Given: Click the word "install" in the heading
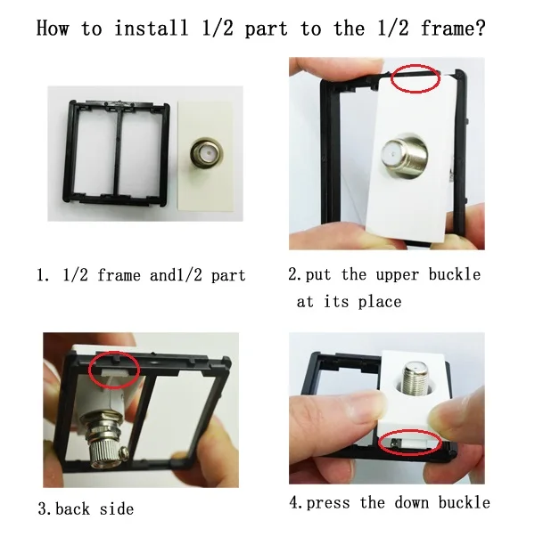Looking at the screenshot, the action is (x=152, y=28).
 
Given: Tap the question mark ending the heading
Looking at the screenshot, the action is (x=480, y=28).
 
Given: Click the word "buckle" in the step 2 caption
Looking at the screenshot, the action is (x=455, y=274).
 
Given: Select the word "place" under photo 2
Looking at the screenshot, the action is (x=380, y=302).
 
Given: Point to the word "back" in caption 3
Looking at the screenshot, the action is (x=72, y=509).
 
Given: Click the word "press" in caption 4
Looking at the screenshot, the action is (x=328, y=503).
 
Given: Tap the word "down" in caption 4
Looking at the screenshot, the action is (x=411, y=502).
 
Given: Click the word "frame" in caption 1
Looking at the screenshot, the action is (x=119, y=275).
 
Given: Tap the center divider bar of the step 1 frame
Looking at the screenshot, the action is (x=119, y=153).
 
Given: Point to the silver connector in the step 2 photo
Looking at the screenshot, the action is (x=404, y=155).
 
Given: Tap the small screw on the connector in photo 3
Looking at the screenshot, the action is (x=123, y=452).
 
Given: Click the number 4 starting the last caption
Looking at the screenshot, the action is (x=294, y=502).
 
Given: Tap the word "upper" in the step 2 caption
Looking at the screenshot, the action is (x=397, y=275).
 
